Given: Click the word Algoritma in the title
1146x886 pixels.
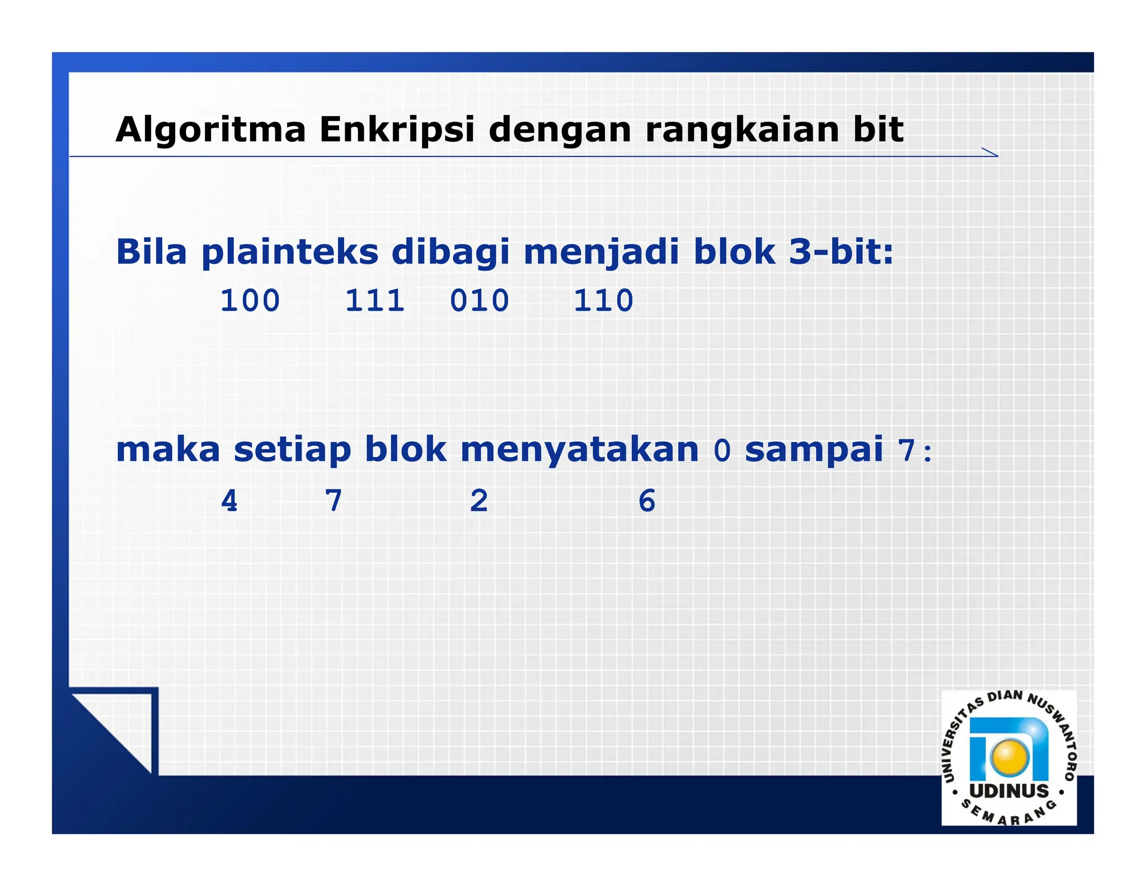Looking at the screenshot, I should click(x=210, y=130).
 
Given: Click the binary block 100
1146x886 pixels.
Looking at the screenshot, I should click(x=250, y=301).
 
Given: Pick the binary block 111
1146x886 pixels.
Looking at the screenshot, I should click(x=374, y=301).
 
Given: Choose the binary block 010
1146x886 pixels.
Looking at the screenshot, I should click(x=480, y=301).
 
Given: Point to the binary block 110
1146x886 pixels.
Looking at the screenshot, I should click(x=603, y=301).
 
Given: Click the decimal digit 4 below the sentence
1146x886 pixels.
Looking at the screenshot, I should click(x=229, y=501).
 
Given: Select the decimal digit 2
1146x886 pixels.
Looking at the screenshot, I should click(x=479, y=501).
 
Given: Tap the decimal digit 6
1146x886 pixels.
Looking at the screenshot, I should click(x=647, y=501).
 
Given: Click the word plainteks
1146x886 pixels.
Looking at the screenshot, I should click(x=290, y=252).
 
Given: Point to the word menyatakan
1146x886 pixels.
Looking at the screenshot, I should click(x=580, y=450).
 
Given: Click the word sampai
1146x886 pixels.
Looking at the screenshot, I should click(x=814, y=450).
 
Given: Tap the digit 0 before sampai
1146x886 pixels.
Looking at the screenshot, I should click(x=722, y=450).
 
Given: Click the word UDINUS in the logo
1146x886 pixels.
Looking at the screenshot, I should click(x=1009, y=791).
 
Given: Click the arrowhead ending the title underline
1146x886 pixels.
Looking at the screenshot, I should click(x=991, y=152).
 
